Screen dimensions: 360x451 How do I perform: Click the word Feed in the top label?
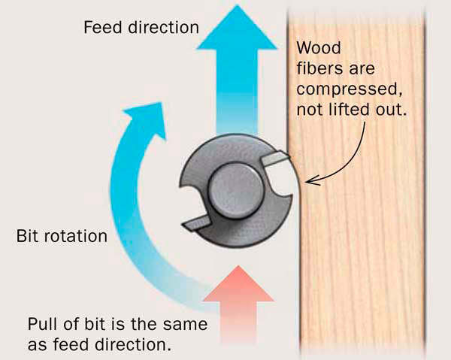point(101,29)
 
